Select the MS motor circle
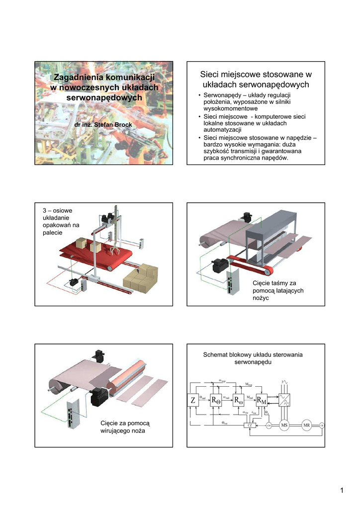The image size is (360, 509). pos(285,425)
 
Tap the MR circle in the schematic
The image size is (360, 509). pos(307,425)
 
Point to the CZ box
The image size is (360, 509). pos(251,426)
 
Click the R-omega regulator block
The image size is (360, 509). pos(239,399)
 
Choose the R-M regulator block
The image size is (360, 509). pos(261,399)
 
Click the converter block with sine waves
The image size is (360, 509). pos(285,399)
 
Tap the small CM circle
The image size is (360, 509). pos(269,426)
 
